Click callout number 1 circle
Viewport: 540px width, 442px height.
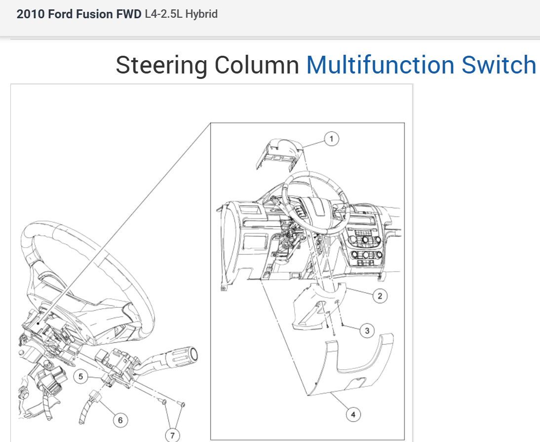332,139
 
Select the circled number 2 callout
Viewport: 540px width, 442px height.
380,296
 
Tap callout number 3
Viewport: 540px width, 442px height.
367,331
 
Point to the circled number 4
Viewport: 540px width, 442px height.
353,415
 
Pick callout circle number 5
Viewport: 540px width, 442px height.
81,377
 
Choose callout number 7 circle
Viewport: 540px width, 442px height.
172,435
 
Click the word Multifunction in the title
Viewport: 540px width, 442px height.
380,65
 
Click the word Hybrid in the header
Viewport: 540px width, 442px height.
201,14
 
